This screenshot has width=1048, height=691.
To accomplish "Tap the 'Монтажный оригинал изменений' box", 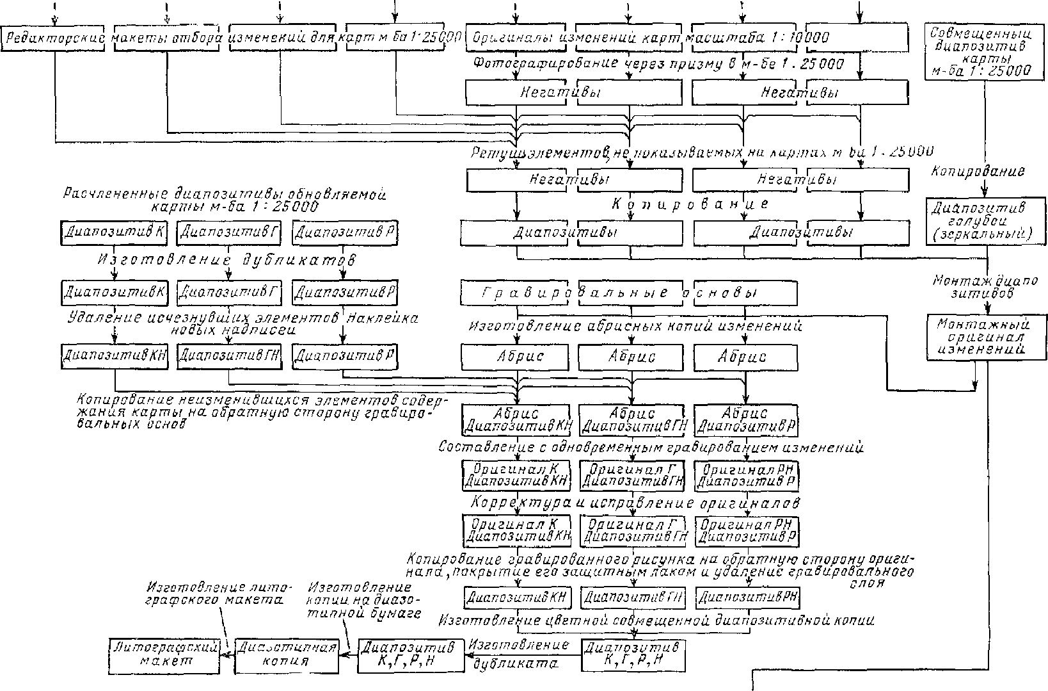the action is point(986,337).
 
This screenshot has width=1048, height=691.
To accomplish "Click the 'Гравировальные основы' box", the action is point(629,293).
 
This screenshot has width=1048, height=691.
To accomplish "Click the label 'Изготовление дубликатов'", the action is point(226,260).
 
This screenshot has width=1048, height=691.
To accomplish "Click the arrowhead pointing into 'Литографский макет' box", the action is point(225,654).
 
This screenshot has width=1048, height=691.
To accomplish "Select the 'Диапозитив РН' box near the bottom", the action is point(747,598).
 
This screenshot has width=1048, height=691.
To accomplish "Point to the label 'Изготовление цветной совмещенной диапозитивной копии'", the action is point(656,621).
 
